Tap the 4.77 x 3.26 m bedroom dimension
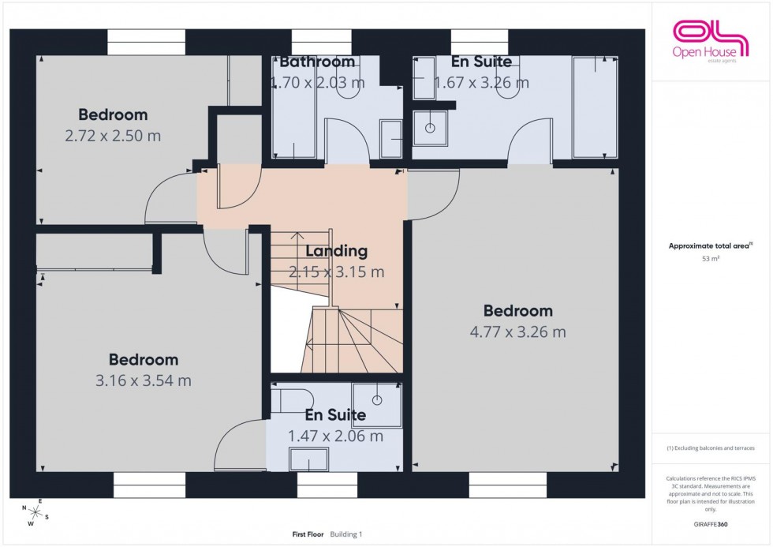pos(517,332)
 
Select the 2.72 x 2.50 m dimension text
pos(113,136)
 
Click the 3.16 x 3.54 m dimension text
pos(144,381)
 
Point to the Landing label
pos(337,252)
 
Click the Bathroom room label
pos(317,62)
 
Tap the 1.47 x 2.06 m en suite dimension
pos(335,436)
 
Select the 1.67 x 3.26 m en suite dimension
pos(480,81)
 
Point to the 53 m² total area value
pos(710,258)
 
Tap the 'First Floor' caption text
pos(308,534)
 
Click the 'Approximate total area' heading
pos(710,245)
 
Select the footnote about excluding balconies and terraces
pos(710,448)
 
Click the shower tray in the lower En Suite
pos(377,405)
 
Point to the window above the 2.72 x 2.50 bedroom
pos(146,43)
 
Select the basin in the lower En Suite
pos(308,459)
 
